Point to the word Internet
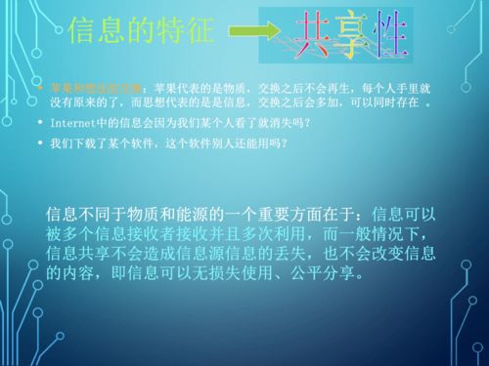click(69, 123)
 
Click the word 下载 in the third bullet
click(99, 143)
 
